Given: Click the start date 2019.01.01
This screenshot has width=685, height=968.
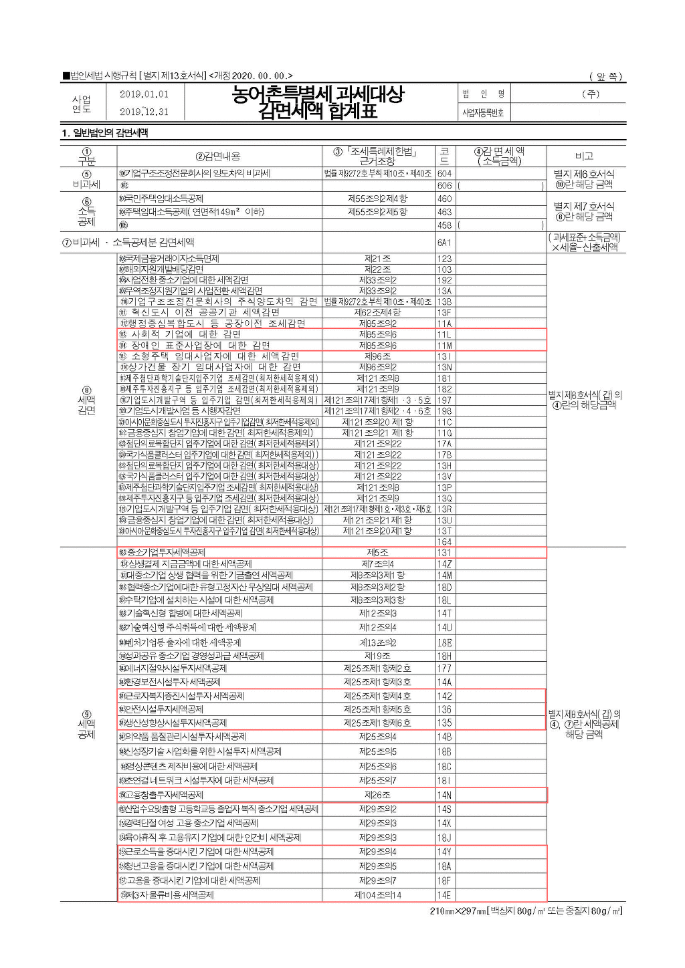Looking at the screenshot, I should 144,94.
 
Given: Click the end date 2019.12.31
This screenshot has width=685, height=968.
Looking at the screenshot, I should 144,112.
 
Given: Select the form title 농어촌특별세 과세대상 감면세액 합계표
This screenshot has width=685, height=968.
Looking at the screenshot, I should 318,102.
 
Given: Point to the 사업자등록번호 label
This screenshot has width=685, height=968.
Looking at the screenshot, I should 483,112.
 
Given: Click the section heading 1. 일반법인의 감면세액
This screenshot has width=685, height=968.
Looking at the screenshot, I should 105,132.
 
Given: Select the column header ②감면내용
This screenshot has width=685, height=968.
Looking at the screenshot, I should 218,156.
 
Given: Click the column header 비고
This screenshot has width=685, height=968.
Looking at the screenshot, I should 584,156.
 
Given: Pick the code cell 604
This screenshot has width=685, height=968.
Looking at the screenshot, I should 444,173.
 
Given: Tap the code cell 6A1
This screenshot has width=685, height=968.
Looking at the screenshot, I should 444,243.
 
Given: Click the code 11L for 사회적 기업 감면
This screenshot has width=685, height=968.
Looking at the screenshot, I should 444,334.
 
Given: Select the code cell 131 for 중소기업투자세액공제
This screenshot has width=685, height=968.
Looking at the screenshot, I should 444,553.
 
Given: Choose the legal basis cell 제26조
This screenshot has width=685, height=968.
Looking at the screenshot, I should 377,795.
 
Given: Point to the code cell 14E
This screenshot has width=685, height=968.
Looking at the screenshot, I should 444,895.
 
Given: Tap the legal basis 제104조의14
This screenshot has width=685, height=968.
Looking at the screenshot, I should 377,895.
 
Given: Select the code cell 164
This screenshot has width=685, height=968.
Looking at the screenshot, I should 444,541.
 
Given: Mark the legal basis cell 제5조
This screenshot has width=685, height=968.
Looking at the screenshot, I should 377,553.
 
